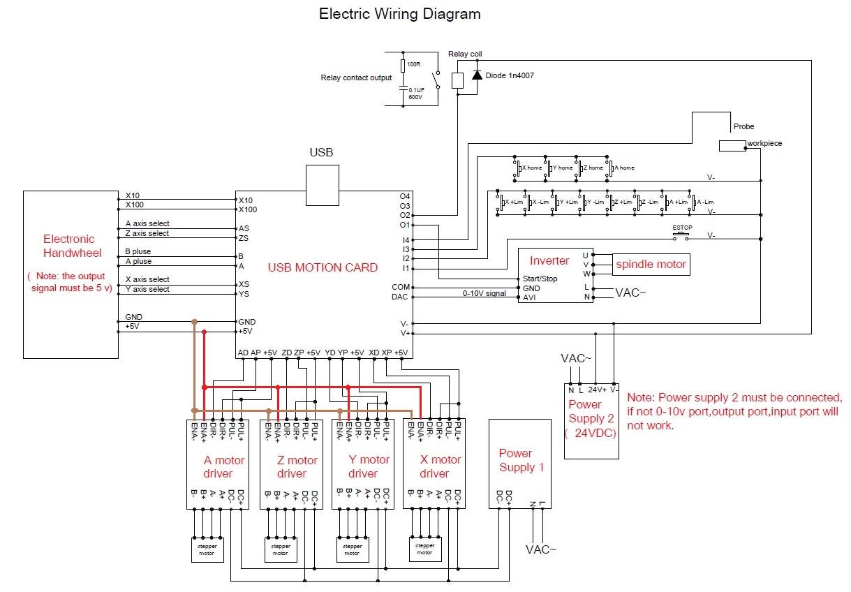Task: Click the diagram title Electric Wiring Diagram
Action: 399,14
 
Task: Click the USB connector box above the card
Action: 322,185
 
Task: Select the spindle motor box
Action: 651,265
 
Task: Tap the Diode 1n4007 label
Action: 510,75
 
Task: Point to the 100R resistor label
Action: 413,65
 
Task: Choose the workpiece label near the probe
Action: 764,144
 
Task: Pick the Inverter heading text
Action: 549,261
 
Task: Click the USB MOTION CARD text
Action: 323,267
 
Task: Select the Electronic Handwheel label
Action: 72,246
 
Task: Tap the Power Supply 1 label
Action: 521,460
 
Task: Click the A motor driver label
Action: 224,467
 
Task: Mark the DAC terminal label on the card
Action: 399,297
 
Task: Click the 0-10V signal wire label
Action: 484,293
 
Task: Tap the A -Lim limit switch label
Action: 704,202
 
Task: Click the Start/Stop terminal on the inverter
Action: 540,279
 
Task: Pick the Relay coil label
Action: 465,54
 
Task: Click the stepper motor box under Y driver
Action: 352,549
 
